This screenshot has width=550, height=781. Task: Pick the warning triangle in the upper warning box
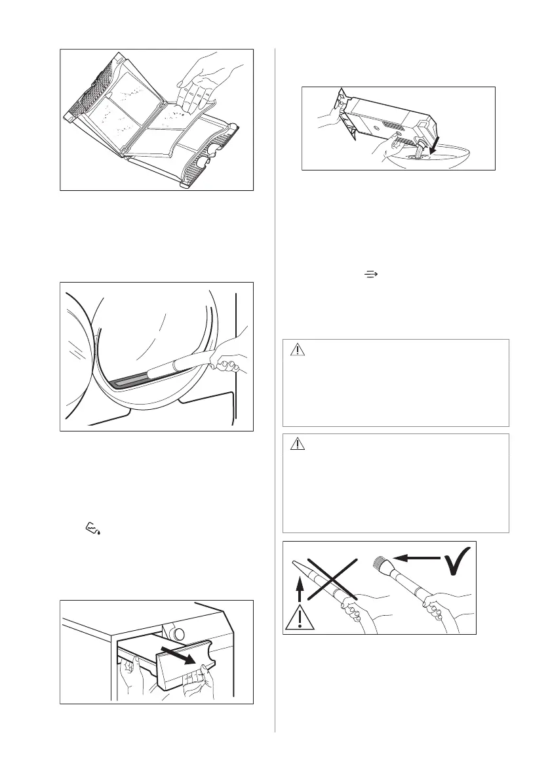[x=298, y=350]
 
